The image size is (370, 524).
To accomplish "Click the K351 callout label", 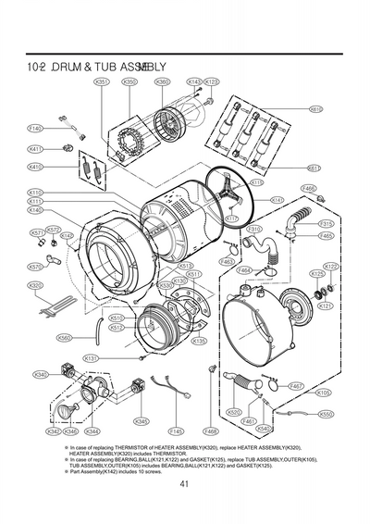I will pyautogui.click(x=102, y=82).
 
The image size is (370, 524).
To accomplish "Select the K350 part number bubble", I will pyautogui.click(x=130, y=82).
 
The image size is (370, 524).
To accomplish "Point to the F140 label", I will pyautogui.click(x=36, y=128).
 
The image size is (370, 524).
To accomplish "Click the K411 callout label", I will pyautogui.click(x=36, y=148).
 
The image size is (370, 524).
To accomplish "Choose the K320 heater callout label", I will pyautogui.click(x=36, y=286).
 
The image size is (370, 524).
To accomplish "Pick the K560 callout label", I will pyautogui.click(x=65, y=338).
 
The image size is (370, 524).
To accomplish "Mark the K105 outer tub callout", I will pyautogui.click(x=324, y=393).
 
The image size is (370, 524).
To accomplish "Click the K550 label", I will pyautogui.click(x=326, y=414).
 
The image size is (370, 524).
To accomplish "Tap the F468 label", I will pyautogui.click(x=210, y=431).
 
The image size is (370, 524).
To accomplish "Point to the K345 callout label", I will pyautogui.click(x=141, y=421).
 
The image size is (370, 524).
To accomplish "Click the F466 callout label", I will pyautogui.click(x=309, y=188).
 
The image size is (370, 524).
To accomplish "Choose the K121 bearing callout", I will pyautogui.click(x=325, y=305).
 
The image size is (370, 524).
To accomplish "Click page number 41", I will pyautogui.click(x=185, y=480).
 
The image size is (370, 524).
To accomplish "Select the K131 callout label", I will pyautogui.click(x=92, y=357).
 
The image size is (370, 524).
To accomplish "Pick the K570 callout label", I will pyautogui.click(x=35, y=267).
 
